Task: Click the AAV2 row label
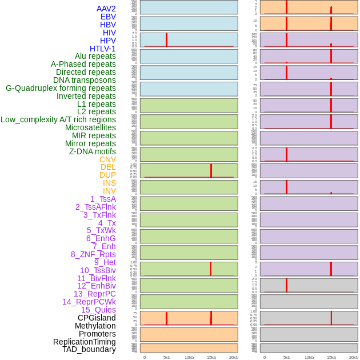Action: coord(106,9)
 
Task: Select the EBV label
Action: coord(108,17)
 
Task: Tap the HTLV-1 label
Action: coord(103,49)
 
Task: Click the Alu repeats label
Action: coord(95,56)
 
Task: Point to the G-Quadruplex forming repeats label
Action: coord(61,88)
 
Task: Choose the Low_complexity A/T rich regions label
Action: coord(58,119)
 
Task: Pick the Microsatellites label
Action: coord(90,127)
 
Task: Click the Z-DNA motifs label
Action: coord(93,151)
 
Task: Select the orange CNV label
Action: coord(107,159)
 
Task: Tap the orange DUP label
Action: coord(107,175)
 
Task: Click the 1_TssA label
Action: coord(103,199)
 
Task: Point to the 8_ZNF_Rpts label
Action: coord(93,254)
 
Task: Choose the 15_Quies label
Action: coord(98,310)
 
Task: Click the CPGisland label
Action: coord(97,318)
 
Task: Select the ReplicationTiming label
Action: coord(85,342)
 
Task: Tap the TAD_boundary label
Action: coord(89,349)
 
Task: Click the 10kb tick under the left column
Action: coord(189,357)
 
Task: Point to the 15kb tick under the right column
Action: coord(331,357)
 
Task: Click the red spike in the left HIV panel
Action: coord(166,39)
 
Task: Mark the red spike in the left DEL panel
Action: coord(211,170)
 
